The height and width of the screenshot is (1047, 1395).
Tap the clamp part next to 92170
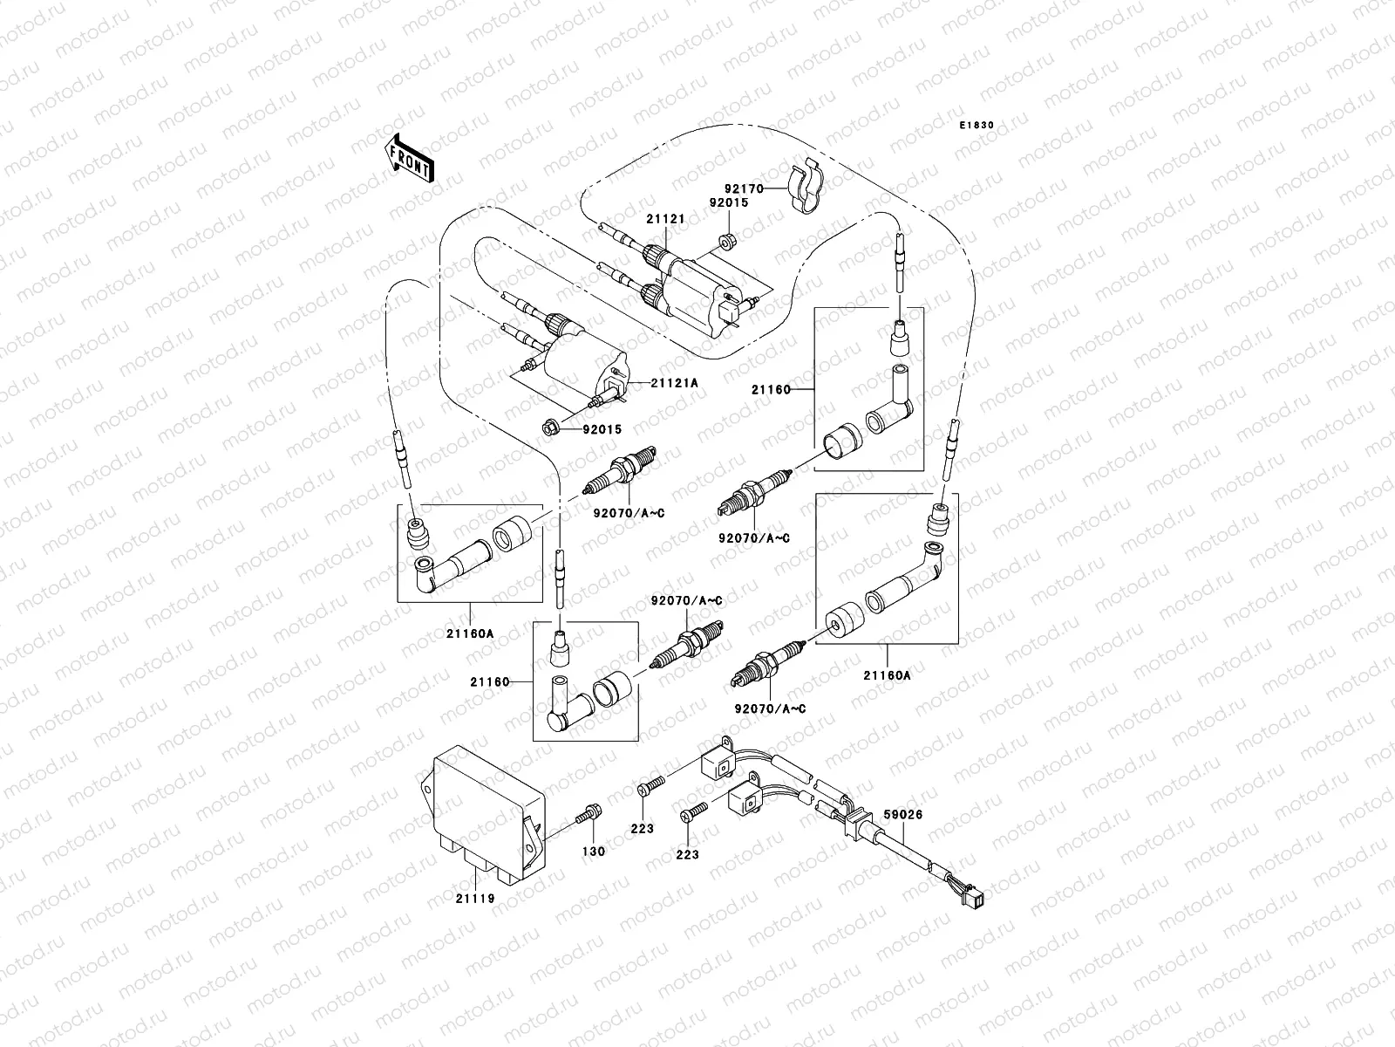[x=812, y=188]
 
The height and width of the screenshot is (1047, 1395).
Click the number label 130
[x=593, y=852]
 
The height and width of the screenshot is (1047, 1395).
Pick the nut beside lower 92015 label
[x=550, y=428]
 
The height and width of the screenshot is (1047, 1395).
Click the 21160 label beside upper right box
[x=771, y=390]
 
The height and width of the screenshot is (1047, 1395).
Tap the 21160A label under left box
[x=471, y=634]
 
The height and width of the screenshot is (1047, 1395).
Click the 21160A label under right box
[x=887, y=674]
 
